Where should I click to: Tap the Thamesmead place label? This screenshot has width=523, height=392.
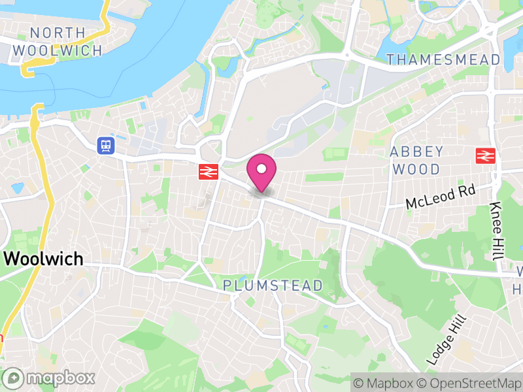coord(443,59)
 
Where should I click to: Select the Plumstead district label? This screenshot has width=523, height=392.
coord(273,286)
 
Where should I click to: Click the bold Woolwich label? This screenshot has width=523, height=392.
coord(44,259)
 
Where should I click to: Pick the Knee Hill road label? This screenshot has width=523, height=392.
coord(496,231)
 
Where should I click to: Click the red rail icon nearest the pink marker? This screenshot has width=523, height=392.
coord(208,171)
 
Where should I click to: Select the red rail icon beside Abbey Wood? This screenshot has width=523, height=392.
coord(484,155)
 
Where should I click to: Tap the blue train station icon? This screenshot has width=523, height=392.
coord(105,145)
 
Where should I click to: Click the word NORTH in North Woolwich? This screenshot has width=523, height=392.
coord(58,33)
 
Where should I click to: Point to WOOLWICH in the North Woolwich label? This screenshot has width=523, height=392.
coord(58,50)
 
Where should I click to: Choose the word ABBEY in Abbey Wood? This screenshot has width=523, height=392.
coord(416,152)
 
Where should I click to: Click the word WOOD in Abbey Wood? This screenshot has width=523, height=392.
coord(416,169)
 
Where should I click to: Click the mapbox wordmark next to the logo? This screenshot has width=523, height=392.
coord(60,378)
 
